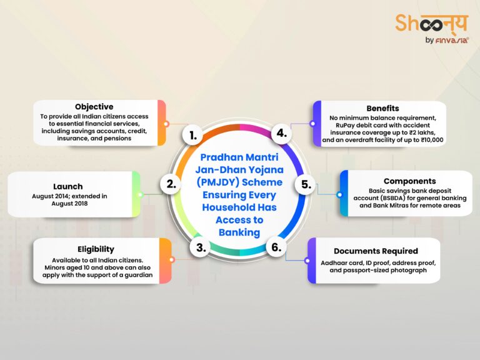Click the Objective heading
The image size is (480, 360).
pos(94,107)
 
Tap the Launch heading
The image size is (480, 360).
pos(67,186)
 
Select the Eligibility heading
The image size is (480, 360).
pos(94,249)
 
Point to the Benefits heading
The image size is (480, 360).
pos(383,108)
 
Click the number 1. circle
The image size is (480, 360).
pos(194,135)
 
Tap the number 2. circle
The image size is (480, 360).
pos(170,184)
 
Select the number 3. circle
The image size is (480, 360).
pos(201,247)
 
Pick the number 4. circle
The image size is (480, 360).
pos(281,133)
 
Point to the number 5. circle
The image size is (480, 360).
pos(306,185)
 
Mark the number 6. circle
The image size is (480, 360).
pos(276,247)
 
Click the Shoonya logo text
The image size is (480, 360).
pos(431,24)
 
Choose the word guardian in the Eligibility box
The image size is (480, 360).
pos(136,275)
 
